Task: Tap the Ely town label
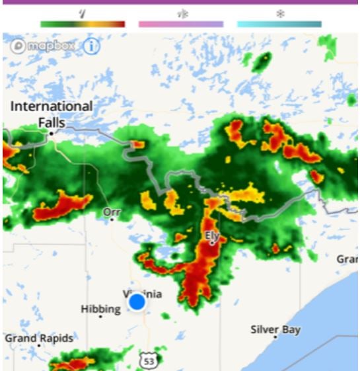pyautogui.click(x=212, y=235)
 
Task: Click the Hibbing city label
pyautogui.click(x=100, y=309)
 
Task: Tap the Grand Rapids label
pyautogui.click(x=39, y=338)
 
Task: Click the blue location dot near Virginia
pyautogui.click(x=137, y=302)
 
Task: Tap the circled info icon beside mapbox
pyautogui.click(x=90, y=46)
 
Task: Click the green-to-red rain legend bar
pyautogui.click(x=83, y=24)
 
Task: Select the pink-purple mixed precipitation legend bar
pyautogui.click(x=181, y=24)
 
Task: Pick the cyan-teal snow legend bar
pyautogui.click(x=279, y=24)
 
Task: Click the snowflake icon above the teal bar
pyautogui.click(x=279, y=13)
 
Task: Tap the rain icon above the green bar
pyautogui.click(x=83, y=13)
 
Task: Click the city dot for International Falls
pyautogui.click(x=51, y=134)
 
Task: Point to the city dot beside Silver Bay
pyautogui.click(x=275, y=337)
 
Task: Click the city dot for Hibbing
pyautogui.click(x=100, y=317)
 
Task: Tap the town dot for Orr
pyautogui.click(x=112, y=220)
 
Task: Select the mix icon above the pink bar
pyautogui.click(x=181, y=13)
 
